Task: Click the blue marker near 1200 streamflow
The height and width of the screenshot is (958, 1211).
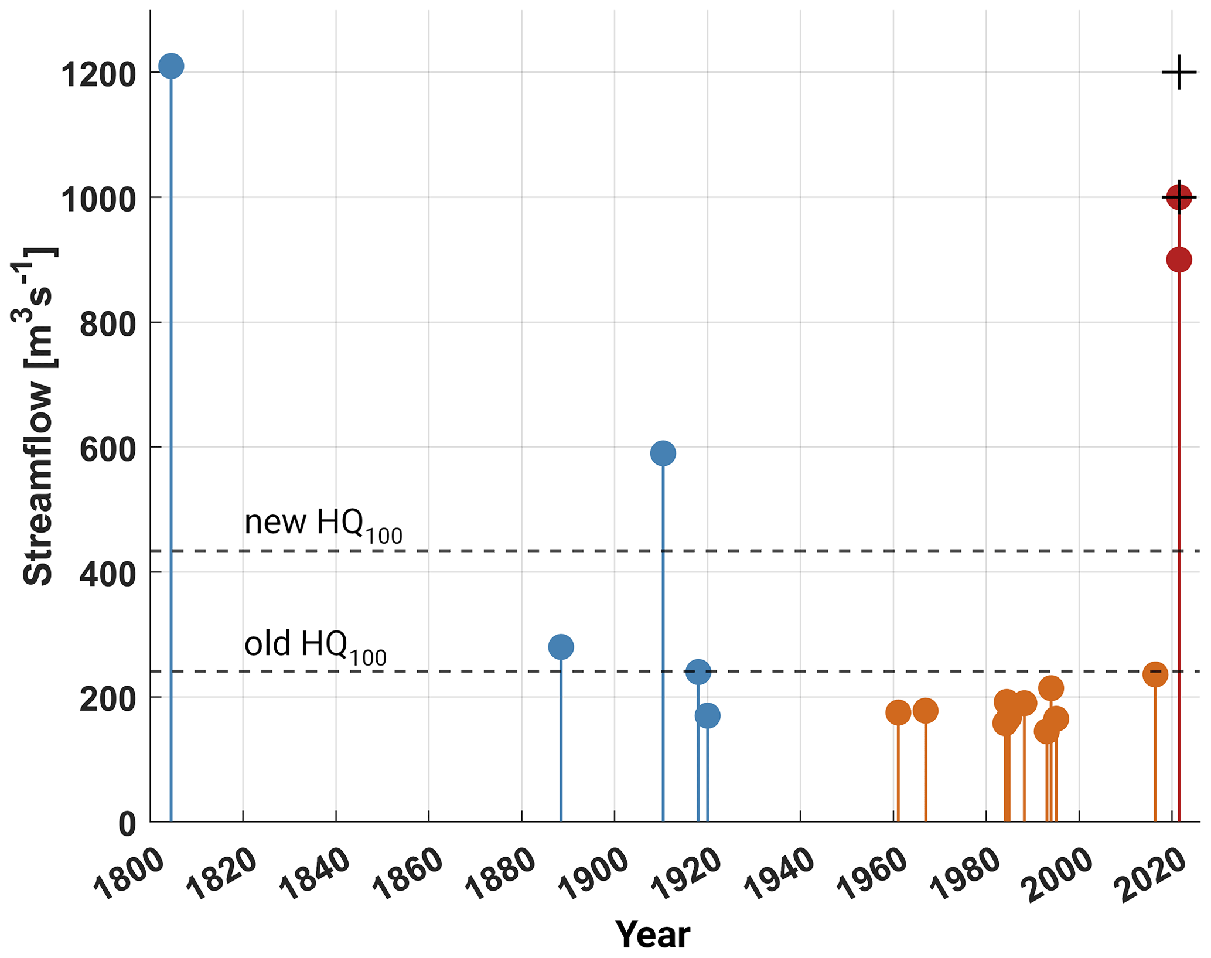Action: [x=170, y=66]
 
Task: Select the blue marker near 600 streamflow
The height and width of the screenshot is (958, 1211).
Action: [x=663, y=453]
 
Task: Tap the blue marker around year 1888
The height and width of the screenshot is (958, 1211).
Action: [x=561, y=647]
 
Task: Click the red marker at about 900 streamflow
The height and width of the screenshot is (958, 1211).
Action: [x=1178, y=260]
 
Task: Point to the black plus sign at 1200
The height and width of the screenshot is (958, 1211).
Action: [x=1179, y=73]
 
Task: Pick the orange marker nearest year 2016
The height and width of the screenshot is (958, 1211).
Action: [x=1155, y=674]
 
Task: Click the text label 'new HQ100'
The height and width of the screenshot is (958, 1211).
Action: [x=323, y=524]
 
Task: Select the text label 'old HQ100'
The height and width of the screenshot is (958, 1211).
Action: [x=315, y=646]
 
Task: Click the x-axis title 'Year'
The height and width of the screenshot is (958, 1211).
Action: [x=652, y=934]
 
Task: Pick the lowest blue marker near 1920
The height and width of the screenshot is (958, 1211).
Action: [x=707, y=715]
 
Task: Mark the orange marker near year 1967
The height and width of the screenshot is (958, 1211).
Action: [x=925, y=711]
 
